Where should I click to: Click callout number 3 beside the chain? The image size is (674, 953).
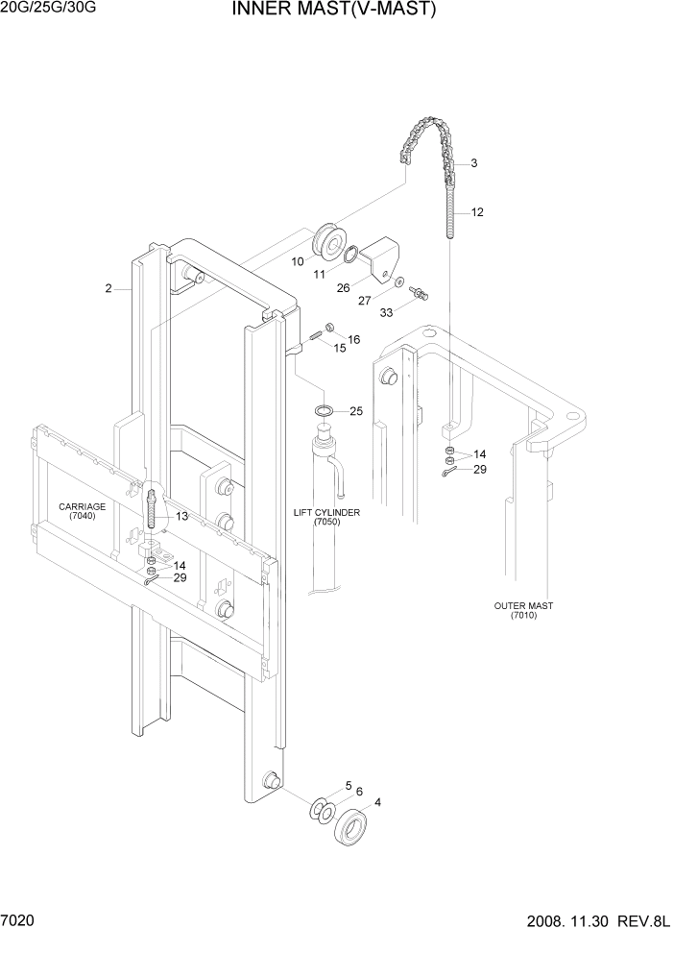pos(473,163)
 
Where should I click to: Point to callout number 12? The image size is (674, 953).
pos(477,211)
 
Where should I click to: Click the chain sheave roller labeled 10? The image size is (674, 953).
pos(331,242)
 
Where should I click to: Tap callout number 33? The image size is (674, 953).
pos(387,312)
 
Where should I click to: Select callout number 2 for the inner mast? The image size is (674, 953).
pos(109,288)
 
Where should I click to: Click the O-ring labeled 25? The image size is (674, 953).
pos(325,411)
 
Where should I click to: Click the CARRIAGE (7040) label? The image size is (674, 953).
pos(82,511)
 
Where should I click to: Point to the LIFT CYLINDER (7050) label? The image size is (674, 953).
pos(326,517)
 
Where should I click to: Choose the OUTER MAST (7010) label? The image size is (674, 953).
pos(523,610)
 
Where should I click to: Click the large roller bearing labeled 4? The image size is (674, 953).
pos(351,825)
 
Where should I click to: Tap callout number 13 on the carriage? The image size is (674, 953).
pos(181,516)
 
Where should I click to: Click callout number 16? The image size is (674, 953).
pos(353,339)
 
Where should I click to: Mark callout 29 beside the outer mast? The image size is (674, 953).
pos(480,469)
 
